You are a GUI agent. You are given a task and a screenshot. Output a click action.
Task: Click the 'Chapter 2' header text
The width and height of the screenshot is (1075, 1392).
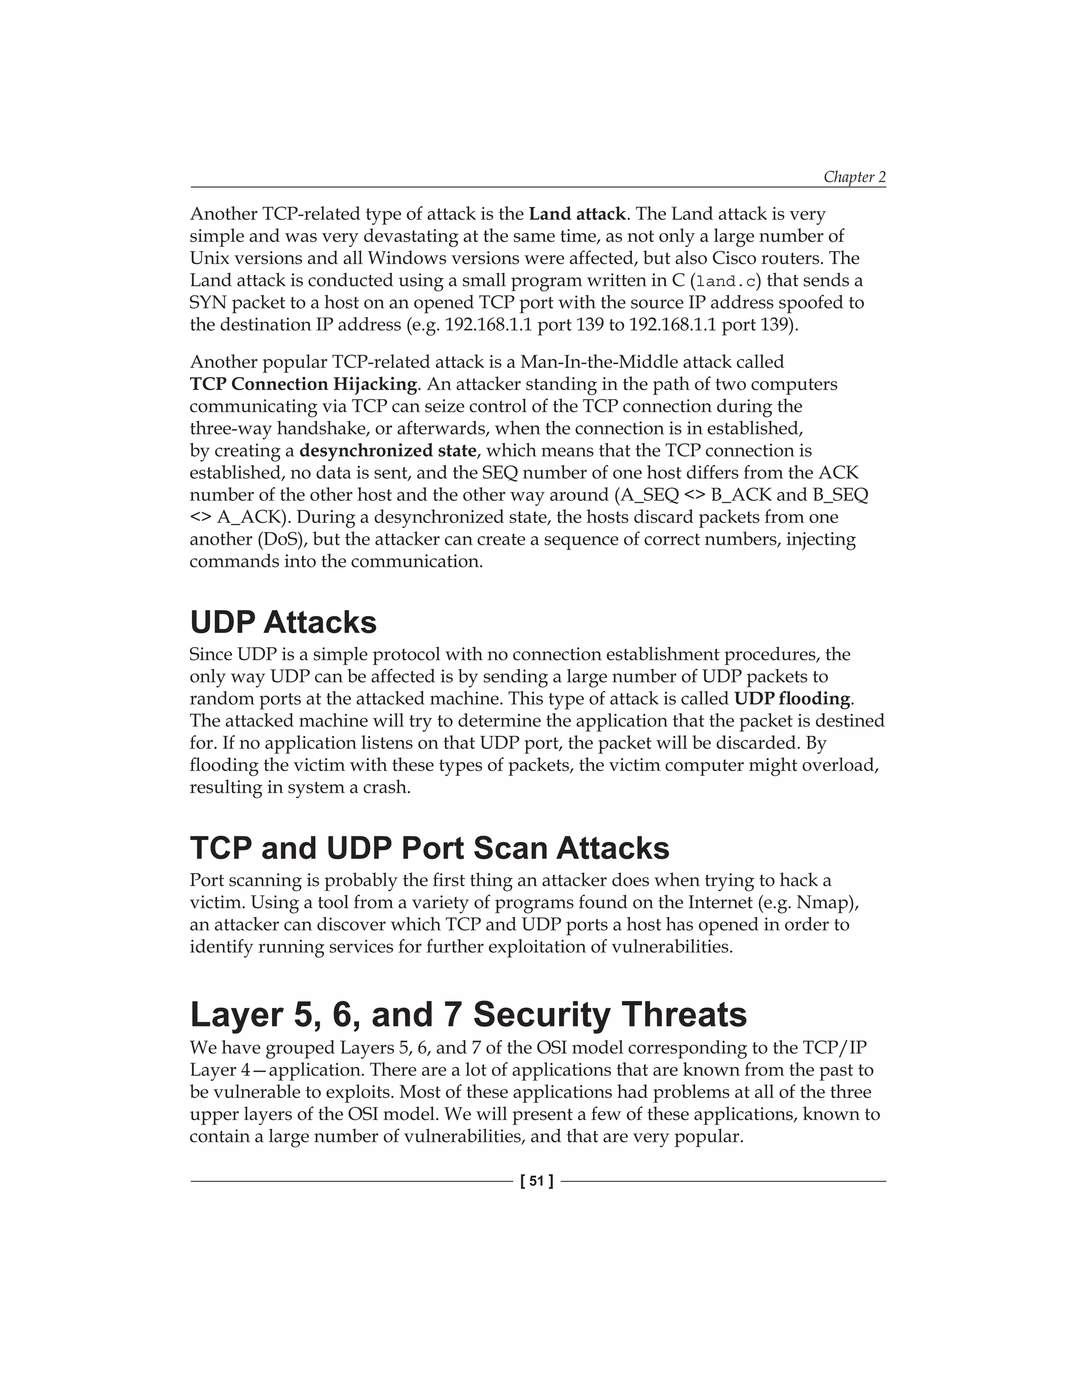pyautogui.click(x=854, y=176)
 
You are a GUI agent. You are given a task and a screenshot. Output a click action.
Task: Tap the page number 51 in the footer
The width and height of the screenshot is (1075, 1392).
pyautogui.click(x=536, y=1181)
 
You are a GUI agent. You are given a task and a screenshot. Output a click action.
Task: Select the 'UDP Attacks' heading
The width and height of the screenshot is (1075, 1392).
pyautogui.click(x=283, y=622)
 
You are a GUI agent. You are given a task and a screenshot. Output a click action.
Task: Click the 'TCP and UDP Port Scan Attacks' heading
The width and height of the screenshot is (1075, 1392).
pyautogui.click(x=429, y=848)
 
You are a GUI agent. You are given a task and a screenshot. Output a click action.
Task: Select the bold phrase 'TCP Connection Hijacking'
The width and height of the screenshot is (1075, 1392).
pyautogui.click(x=304, y=385)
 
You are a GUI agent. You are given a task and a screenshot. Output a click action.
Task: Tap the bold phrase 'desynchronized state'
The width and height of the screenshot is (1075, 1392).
pyautogui.click(x=387, y=451)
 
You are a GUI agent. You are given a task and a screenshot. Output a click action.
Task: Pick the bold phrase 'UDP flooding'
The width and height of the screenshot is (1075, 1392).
pyautogui.click(x=792, y=699)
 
